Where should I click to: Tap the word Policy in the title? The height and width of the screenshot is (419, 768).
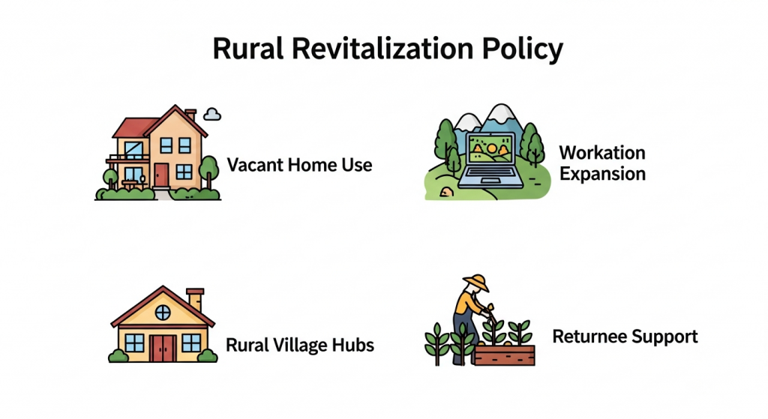click(x=522, y=49)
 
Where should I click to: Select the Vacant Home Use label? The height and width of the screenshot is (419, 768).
click(x=299, y=165)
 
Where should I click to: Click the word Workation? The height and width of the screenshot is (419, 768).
click(x=602, y=153)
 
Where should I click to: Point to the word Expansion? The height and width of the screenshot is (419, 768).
click(x=602, y=174)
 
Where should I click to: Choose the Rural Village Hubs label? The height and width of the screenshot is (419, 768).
click(x=300, y=345)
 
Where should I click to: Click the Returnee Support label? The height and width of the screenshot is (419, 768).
click(x=625, y=337)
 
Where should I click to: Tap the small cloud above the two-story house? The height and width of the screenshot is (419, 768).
click(x=212, y=114)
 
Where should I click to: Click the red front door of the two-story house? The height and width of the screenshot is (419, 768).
click(x=161, y=175)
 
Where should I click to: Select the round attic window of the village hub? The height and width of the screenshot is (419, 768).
click(x=163, y=312)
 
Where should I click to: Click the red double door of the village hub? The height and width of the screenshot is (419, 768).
click(x=163, y=348)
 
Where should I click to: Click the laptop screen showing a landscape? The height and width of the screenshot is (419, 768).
click(x=490, y=149)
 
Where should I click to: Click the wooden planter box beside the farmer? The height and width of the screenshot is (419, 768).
click(x=505, y=355)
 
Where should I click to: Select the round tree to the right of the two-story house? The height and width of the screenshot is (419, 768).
click(x=209, y=172)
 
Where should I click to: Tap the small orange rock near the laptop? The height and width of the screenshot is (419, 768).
click(x=446, y=191)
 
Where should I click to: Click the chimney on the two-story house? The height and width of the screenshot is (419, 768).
click(x=190, y=115)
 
